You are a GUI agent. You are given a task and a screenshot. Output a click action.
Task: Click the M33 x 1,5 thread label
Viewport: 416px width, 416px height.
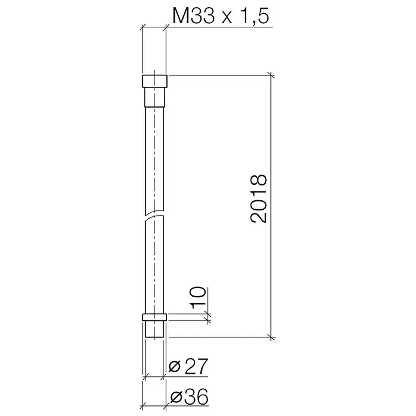click(x=220, y=16)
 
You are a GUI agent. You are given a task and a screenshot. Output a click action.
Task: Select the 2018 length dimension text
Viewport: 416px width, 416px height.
click(x=259, y=198)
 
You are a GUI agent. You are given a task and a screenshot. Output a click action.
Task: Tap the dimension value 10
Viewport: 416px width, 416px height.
click(x=198, y=297)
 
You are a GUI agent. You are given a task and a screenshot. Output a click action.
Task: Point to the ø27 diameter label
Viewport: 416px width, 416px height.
click(x=188, y=367)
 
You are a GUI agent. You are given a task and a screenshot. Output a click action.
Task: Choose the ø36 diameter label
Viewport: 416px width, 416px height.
click(x=189, y=396)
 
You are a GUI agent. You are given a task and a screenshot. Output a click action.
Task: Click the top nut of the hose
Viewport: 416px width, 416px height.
click(x=155, y=81)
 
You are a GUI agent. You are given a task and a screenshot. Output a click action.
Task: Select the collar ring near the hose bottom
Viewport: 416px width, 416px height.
click(x=155, y=317)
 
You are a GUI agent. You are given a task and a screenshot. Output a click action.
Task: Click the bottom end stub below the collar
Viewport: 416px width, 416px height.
click(x=155, y=329)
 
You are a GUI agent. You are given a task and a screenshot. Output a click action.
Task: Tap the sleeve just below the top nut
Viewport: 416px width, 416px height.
click(x=155, y=97)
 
